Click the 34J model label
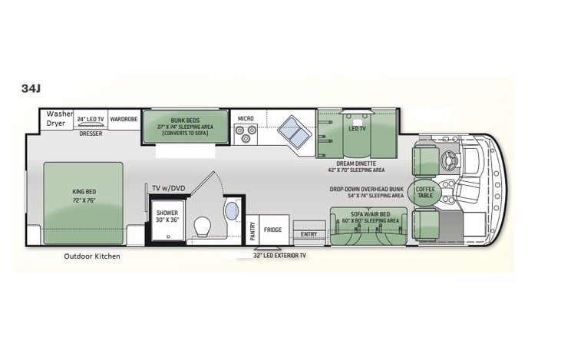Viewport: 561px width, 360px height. point(31,88)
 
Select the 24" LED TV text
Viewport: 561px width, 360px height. point(91,119)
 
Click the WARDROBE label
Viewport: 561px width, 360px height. point(123,119)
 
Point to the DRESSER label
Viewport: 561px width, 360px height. point(91,133)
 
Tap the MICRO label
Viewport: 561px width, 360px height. point(246,118)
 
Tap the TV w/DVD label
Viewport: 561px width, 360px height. point(169,188)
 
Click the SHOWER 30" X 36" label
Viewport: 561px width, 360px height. point(167,216)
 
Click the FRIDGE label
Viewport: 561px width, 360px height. point(272,230)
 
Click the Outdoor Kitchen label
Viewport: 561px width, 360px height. point(91,256)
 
